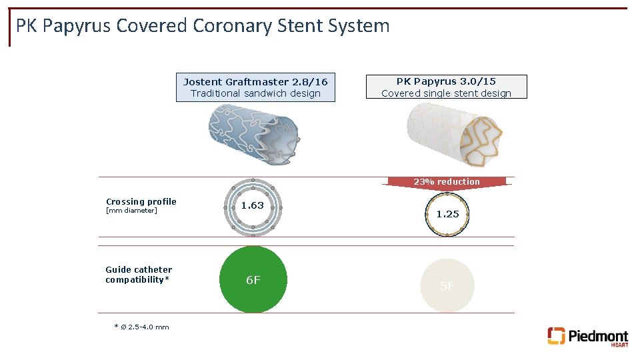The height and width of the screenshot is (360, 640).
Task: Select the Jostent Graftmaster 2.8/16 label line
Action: [x=255, y=82]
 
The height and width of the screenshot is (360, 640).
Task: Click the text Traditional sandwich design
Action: [x=255, y=93]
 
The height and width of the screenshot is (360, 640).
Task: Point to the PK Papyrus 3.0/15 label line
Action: [x=446, y=81]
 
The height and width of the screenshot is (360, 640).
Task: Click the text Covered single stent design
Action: [x=446, y=93]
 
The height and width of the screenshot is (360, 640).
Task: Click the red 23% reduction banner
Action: [x=446, y=182]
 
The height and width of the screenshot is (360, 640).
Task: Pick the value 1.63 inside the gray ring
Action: [x=253, y=205]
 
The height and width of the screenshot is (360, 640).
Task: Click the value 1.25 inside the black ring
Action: [x=447, y=214]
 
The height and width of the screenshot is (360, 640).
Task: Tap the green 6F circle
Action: [x=253, y=280]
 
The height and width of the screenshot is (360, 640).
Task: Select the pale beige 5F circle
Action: [x=447, y=285]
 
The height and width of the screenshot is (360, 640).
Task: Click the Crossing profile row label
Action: [x=141, y=201]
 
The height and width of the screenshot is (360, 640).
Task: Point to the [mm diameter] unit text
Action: [x=131, y=211]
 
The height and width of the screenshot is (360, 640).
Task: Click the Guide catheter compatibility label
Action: [x=138, y=275]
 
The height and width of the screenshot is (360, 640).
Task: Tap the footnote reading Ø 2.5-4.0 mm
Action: [x=141, y=327]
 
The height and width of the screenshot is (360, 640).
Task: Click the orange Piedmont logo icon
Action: [x=556, y=335]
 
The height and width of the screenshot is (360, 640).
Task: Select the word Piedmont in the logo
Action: [x=597, y=335]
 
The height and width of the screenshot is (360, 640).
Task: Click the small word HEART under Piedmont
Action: [x=619, y=345]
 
